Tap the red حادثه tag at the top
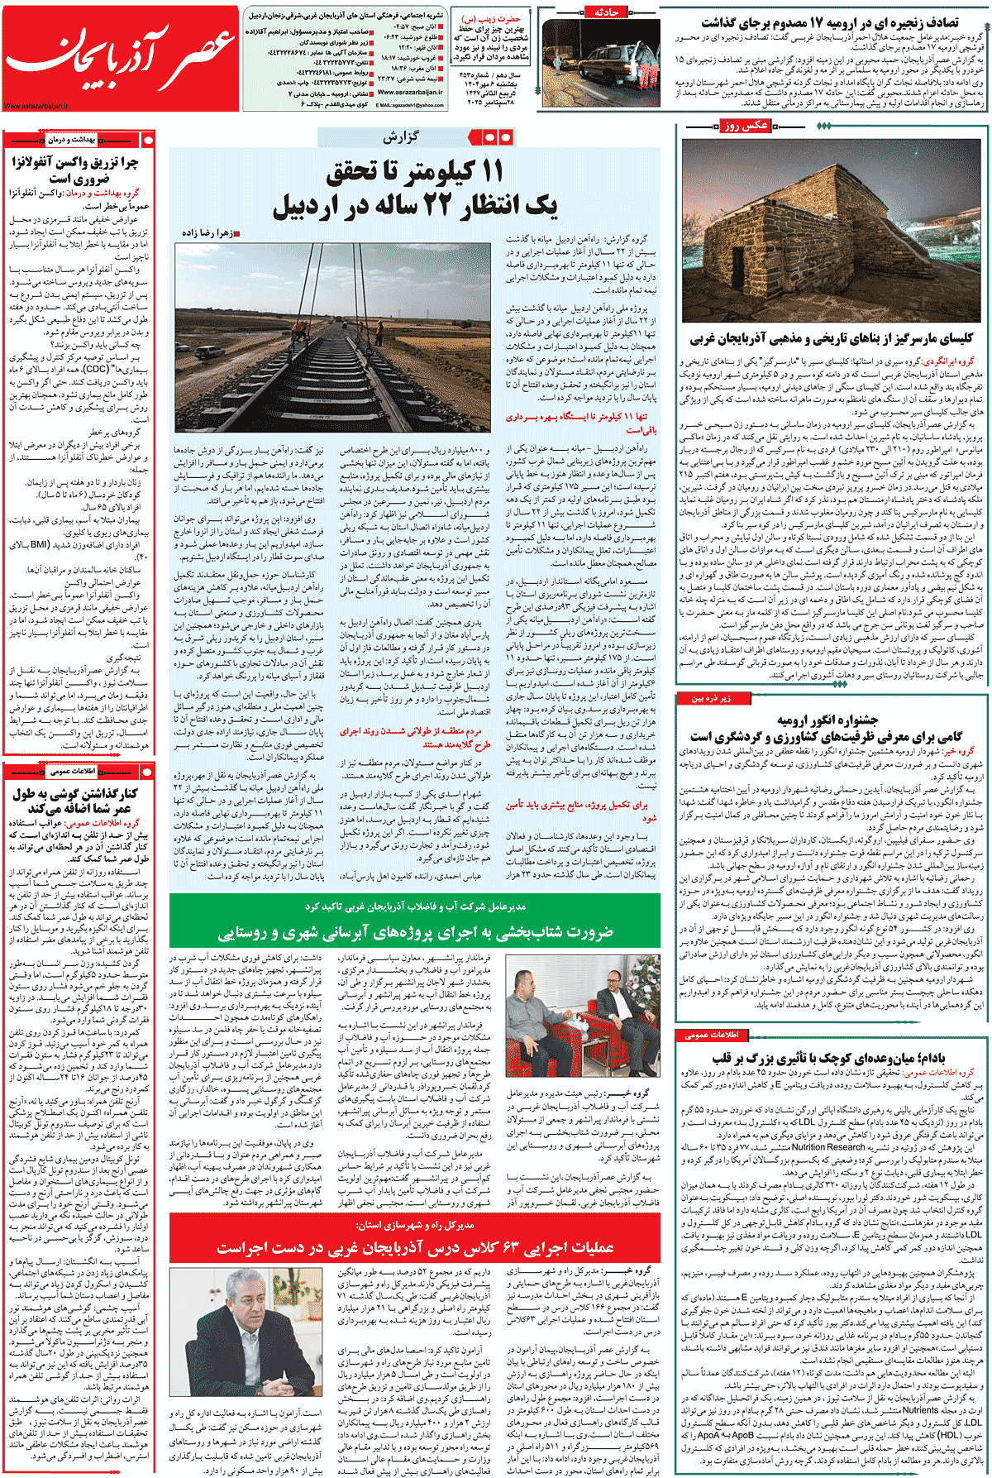click(x=607, y=12)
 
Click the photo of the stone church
click(x=832, y=231)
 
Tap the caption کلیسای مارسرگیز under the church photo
click(x=832, y=338)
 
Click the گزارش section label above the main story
click(x=401, y=137)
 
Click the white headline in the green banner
click(x=415, y=932)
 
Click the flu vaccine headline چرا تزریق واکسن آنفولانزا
click(x=76, y=170)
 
